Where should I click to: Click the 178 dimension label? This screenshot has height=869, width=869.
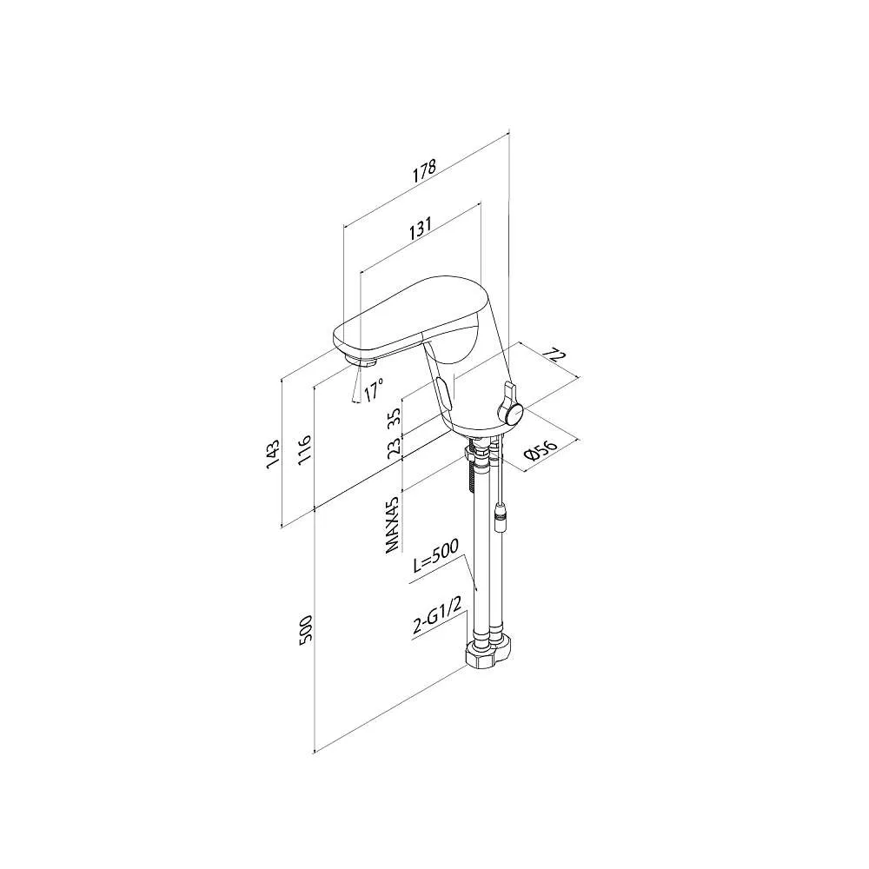[x=425, y=171]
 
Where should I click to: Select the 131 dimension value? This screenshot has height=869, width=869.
[x=421, y=227]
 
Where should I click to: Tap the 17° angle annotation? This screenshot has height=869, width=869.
[x=374, y=390]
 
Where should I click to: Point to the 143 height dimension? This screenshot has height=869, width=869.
[x=273, y=454]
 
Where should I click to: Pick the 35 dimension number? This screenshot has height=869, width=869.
[x=394, y=417]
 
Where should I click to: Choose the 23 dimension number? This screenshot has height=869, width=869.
[x=394, y=447]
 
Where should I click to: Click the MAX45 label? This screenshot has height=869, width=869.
[x=393, y=524]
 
